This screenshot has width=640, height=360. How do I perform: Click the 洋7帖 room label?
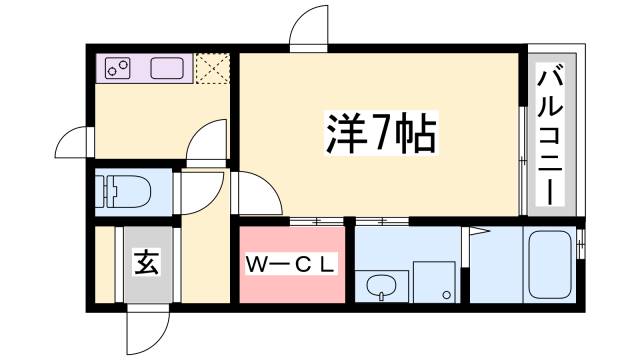tap(381, 133)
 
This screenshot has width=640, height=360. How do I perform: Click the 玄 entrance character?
tap(147, 265)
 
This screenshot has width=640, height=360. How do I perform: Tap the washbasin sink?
tap(380, 288)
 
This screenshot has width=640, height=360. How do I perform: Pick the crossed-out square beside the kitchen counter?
tap(211, 68)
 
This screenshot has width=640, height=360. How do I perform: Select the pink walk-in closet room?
tap(291, 265)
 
